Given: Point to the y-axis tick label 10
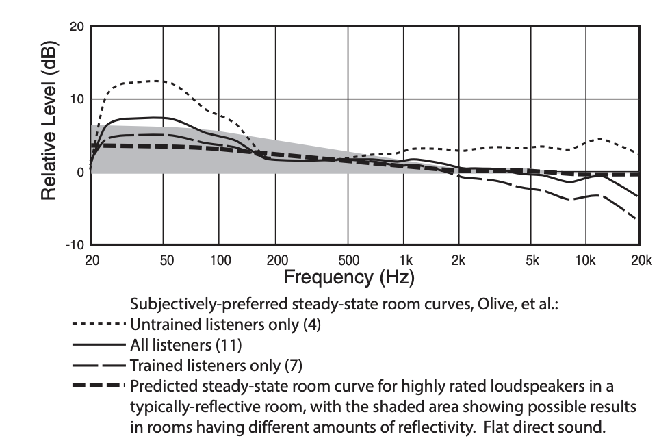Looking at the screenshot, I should pyautogui.click(x=77, y=99).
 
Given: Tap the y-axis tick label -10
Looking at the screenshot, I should pyautogui.click(x=74, y=245).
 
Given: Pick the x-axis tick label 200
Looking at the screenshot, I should pyautogui.click(x=275, y=261).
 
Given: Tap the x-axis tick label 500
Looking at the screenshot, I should pyautogui.click(x=348, y=261).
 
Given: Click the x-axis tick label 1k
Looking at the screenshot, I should pyautogui.click(x=406, y=261).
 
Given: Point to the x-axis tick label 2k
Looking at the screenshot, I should pyautogui.click(x=458, y=261).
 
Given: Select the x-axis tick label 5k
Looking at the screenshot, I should pyautogui.click(x=532, y=261).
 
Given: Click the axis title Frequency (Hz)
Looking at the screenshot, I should pyautogui.click(x=349, y=278).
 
